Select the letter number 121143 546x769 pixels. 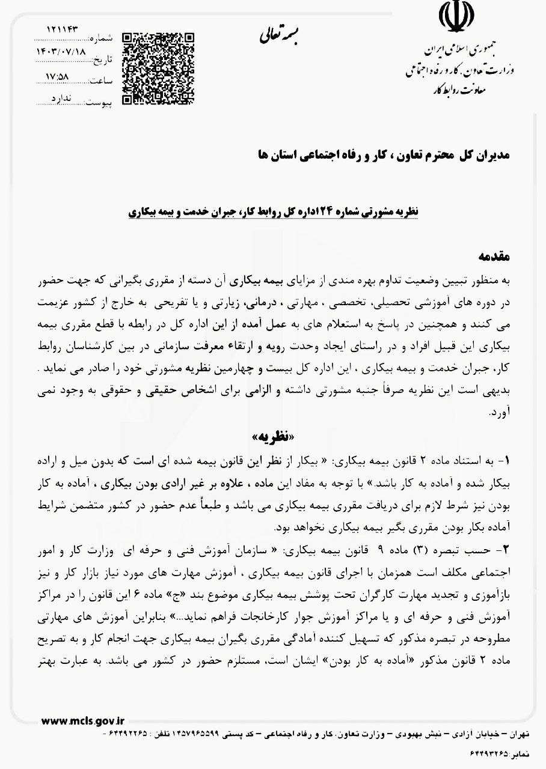(64, 29)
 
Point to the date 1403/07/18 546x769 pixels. (62, 52)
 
